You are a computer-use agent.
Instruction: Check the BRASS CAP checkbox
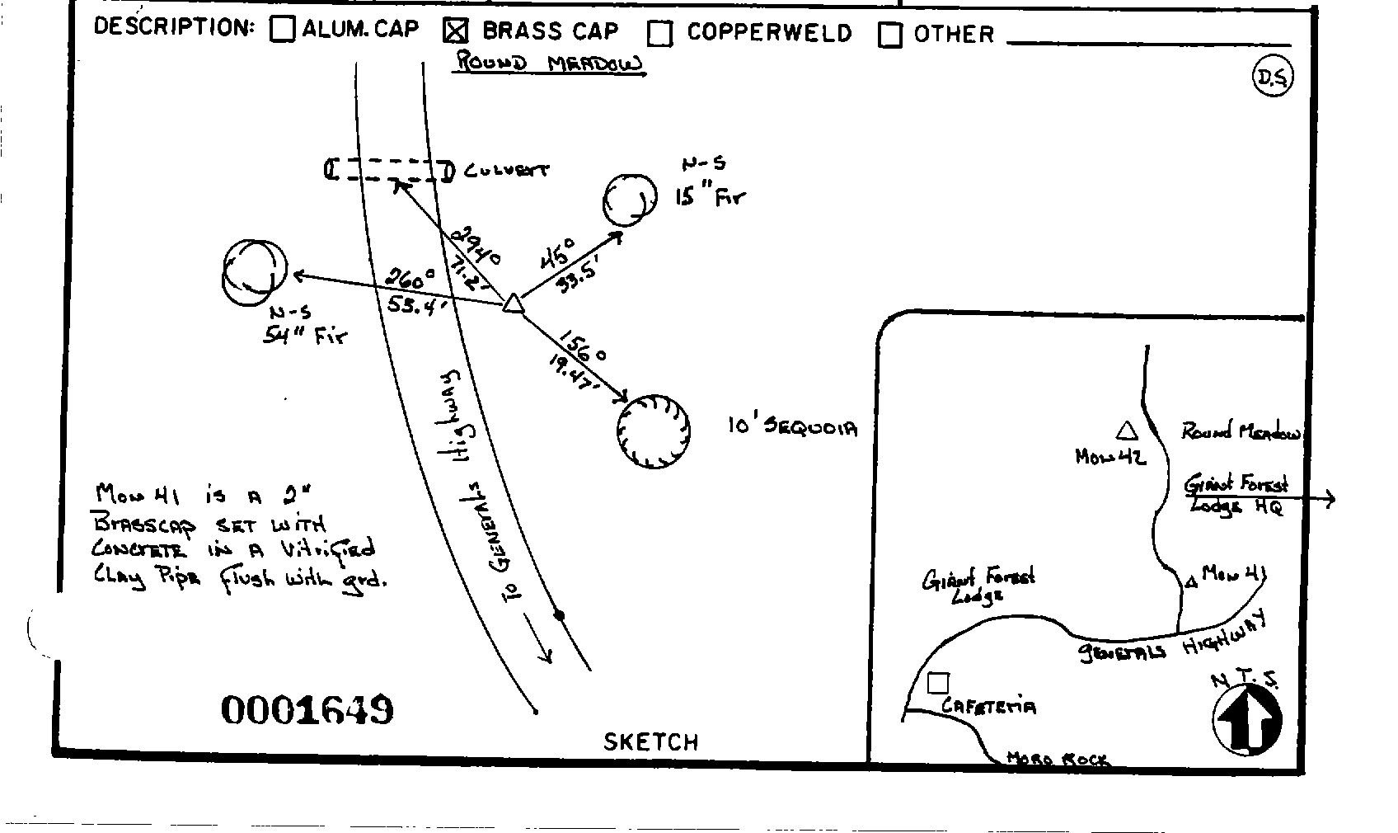click(456, 31)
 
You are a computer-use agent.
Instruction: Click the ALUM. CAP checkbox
click(283, 30)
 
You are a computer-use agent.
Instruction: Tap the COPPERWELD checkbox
click(660, 33)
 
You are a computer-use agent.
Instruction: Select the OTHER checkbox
click(890, 35)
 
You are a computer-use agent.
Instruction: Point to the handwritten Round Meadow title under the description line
click(550, 64)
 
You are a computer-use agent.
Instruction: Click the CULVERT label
click(506, 171)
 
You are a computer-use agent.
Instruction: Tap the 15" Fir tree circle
click(631, 199)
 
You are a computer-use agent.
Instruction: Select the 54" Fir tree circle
click(255, 272)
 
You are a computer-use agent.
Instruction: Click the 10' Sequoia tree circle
click(654, 431)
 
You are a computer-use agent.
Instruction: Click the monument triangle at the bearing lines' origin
click(513, 304)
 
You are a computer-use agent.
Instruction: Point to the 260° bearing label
click(410, 279)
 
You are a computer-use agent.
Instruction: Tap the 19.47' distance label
click(570, 371)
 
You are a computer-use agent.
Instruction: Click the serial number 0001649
click(307, 709)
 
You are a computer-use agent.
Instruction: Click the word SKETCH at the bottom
click(651, 741)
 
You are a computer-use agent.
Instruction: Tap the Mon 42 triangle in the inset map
click(1126, 431)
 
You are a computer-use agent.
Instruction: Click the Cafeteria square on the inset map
click(938, 683)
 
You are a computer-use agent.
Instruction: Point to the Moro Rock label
click(1058, 758)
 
